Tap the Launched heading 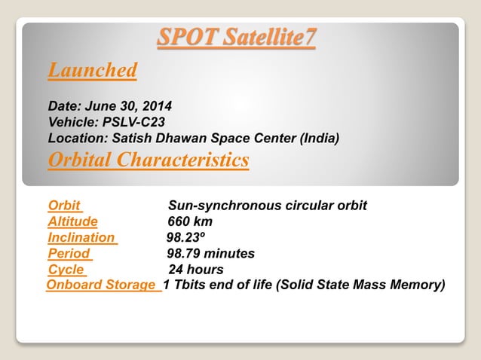pos(92,71)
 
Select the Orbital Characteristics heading pos(148,160)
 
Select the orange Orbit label pos(64,206)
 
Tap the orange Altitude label pos(72,221)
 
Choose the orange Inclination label pos(81,237)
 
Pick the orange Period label pos(69,254)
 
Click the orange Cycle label pos(66,270)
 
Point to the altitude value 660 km pos(190,221)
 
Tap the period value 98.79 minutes pos(210,254)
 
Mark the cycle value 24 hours pos(196,270)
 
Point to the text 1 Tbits pos(185,285)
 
